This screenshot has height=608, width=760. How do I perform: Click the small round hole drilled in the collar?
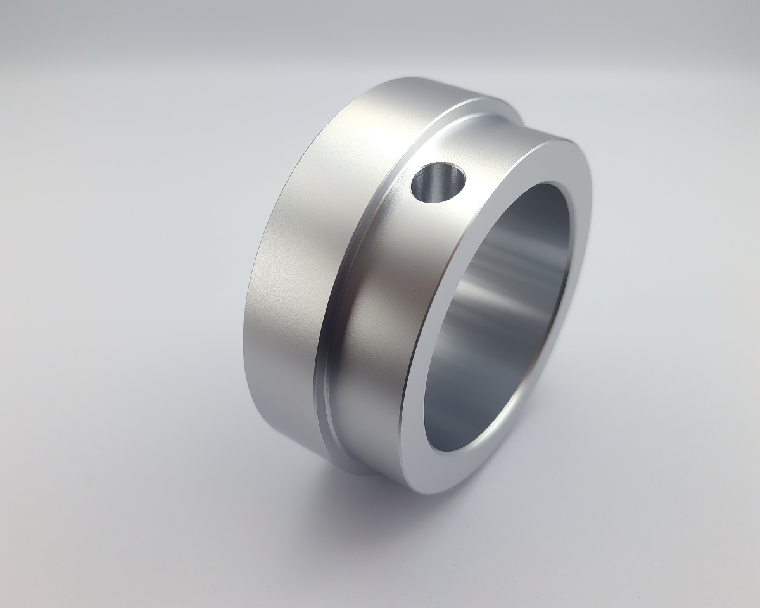(x=438, y=182)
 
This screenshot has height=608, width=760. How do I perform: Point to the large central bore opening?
(x=500, y=317)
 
